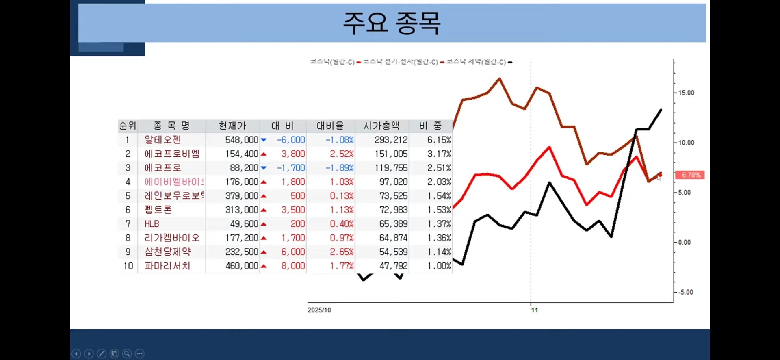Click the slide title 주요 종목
(x=392, y=23)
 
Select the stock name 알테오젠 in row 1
(x=163, y=140)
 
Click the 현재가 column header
(x=232, y=126)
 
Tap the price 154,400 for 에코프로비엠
(x=242, y=154)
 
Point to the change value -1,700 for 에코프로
(x=291, y=168)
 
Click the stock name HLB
(x=152, y=224)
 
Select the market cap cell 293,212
(x=391, y=140)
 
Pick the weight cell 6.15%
(x=439, y=140)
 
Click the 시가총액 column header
(x=381, y=126)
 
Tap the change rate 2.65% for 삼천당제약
(x=342, y=252)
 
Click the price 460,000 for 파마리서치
(x=242, y=266)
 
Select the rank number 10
(x=128, y=266)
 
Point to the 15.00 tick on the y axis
(x=686, y=93)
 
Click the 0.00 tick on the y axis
(x=684, y=242)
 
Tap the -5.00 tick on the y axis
(x=685, y=292)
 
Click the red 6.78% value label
(x=690, y=175)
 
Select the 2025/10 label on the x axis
(x=319, y=310)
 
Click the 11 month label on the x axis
(x=534, y=310)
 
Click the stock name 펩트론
(x=158, y=210)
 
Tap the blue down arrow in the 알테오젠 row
(x=264, y=140)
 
